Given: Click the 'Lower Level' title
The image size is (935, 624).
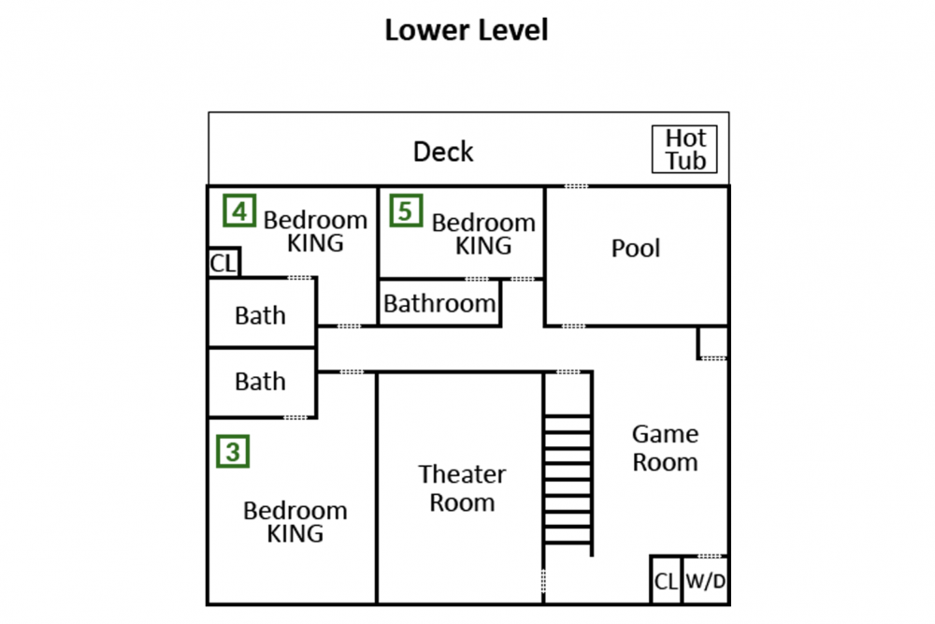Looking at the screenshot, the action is tap(467, 30).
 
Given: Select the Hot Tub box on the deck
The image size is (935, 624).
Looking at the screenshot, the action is tap(684, 149).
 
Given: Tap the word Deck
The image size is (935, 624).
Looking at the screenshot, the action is tap(443, 152).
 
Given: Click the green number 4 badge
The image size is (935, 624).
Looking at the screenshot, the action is tap(239, 210).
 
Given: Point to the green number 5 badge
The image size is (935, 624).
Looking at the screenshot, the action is tap(406, 210).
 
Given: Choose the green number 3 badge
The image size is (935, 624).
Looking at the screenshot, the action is tap(233, 452).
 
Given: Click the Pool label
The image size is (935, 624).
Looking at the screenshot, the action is tap(636, 248).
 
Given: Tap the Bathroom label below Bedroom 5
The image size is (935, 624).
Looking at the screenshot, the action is tap(439, 304).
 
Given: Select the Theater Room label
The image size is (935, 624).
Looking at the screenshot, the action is tap(462, 488).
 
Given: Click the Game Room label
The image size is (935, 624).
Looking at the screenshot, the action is tap(665, 447).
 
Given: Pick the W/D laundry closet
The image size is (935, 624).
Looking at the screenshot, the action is tap(705, 580).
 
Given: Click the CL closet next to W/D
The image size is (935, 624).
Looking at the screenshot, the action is tap(666, 580).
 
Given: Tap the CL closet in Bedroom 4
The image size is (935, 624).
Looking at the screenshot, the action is tap(223, 263).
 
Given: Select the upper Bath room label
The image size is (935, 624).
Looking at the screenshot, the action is tap(260, 315).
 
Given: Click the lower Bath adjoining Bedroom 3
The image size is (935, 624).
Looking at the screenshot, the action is tap(260, 381).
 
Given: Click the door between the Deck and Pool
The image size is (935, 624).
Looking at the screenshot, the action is tap(576, 186).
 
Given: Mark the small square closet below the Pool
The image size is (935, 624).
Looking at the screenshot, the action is tap(712, 342).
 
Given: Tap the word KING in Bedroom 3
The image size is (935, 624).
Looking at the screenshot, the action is tap(295, 534).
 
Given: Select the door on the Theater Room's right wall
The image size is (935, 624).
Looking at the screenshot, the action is tap(543, 580).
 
